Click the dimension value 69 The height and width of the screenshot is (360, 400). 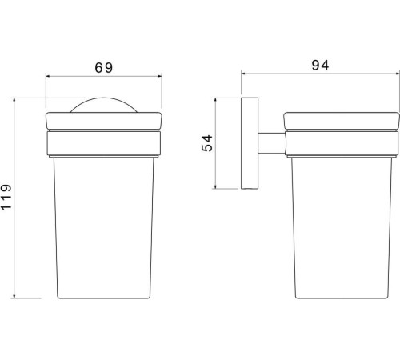[104, 67]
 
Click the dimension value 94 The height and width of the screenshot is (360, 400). [320, 65]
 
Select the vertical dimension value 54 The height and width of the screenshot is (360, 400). [207, 143]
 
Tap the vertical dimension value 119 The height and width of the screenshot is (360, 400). [6, 197]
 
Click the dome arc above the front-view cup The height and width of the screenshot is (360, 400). [104, 98]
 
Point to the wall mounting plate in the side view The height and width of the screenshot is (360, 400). [250, 143]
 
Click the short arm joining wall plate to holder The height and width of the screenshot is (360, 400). [271, 143]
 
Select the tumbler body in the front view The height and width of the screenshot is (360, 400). [104, 228]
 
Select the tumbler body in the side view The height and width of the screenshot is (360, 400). [342, 228]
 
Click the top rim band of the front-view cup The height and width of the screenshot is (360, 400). [104, 122]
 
